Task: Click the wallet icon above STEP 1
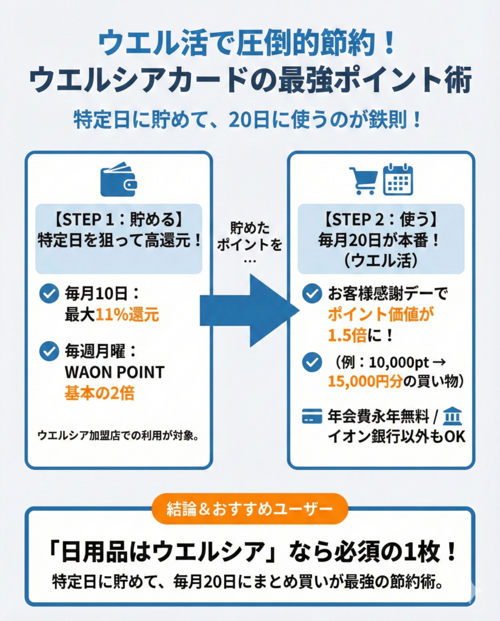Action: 118,180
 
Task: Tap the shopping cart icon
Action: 363,180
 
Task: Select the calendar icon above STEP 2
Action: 398,180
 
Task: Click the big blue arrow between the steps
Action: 248,310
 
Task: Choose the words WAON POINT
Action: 114,372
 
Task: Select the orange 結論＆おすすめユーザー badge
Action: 249,509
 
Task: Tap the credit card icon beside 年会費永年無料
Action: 312,417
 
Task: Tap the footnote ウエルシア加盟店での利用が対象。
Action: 118,435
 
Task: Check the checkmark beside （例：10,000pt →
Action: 312,362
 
